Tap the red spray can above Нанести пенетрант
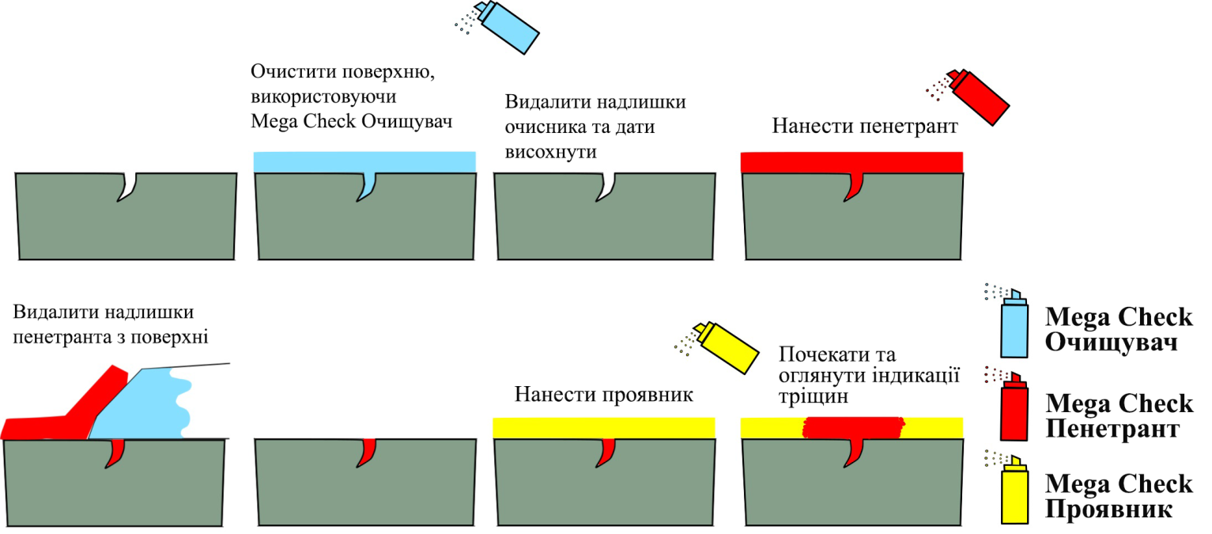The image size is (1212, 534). coord(980,96)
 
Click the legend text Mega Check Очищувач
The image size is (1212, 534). coord(1119,330)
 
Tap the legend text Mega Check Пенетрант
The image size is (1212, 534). coord(1119,416)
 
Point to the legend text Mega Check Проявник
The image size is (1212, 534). coord(1119,495)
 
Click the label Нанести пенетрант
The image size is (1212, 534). coord(865,127)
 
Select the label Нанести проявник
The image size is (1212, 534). coord(603,394)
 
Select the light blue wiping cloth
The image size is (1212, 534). coord(150,403)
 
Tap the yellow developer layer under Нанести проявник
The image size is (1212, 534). coord(553,428)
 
